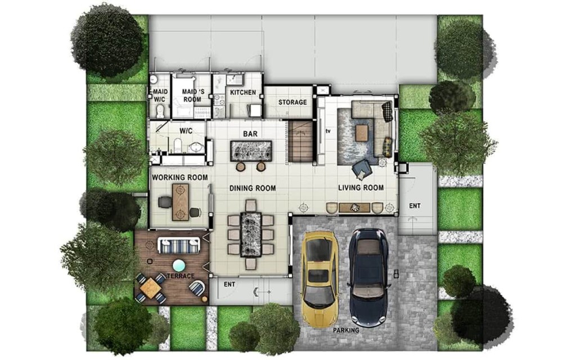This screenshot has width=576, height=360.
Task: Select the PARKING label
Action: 346,330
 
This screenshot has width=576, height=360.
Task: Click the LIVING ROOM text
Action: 361,188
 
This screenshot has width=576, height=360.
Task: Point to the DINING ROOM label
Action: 253,188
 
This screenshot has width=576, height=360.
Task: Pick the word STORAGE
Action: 292,102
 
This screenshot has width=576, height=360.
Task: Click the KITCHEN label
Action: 243,92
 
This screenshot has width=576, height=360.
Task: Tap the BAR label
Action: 250,134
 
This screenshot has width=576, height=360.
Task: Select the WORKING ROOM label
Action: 180,177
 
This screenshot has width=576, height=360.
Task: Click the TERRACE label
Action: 181,276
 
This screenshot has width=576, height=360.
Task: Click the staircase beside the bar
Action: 300,142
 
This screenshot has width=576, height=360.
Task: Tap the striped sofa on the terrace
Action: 179,245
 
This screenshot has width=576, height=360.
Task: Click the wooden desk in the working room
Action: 181,202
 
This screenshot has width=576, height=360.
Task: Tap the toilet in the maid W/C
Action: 160,111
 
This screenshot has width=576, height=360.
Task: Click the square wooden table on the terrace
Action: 151,287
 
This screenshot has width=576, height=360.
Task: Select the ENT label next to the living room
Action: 415,206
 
